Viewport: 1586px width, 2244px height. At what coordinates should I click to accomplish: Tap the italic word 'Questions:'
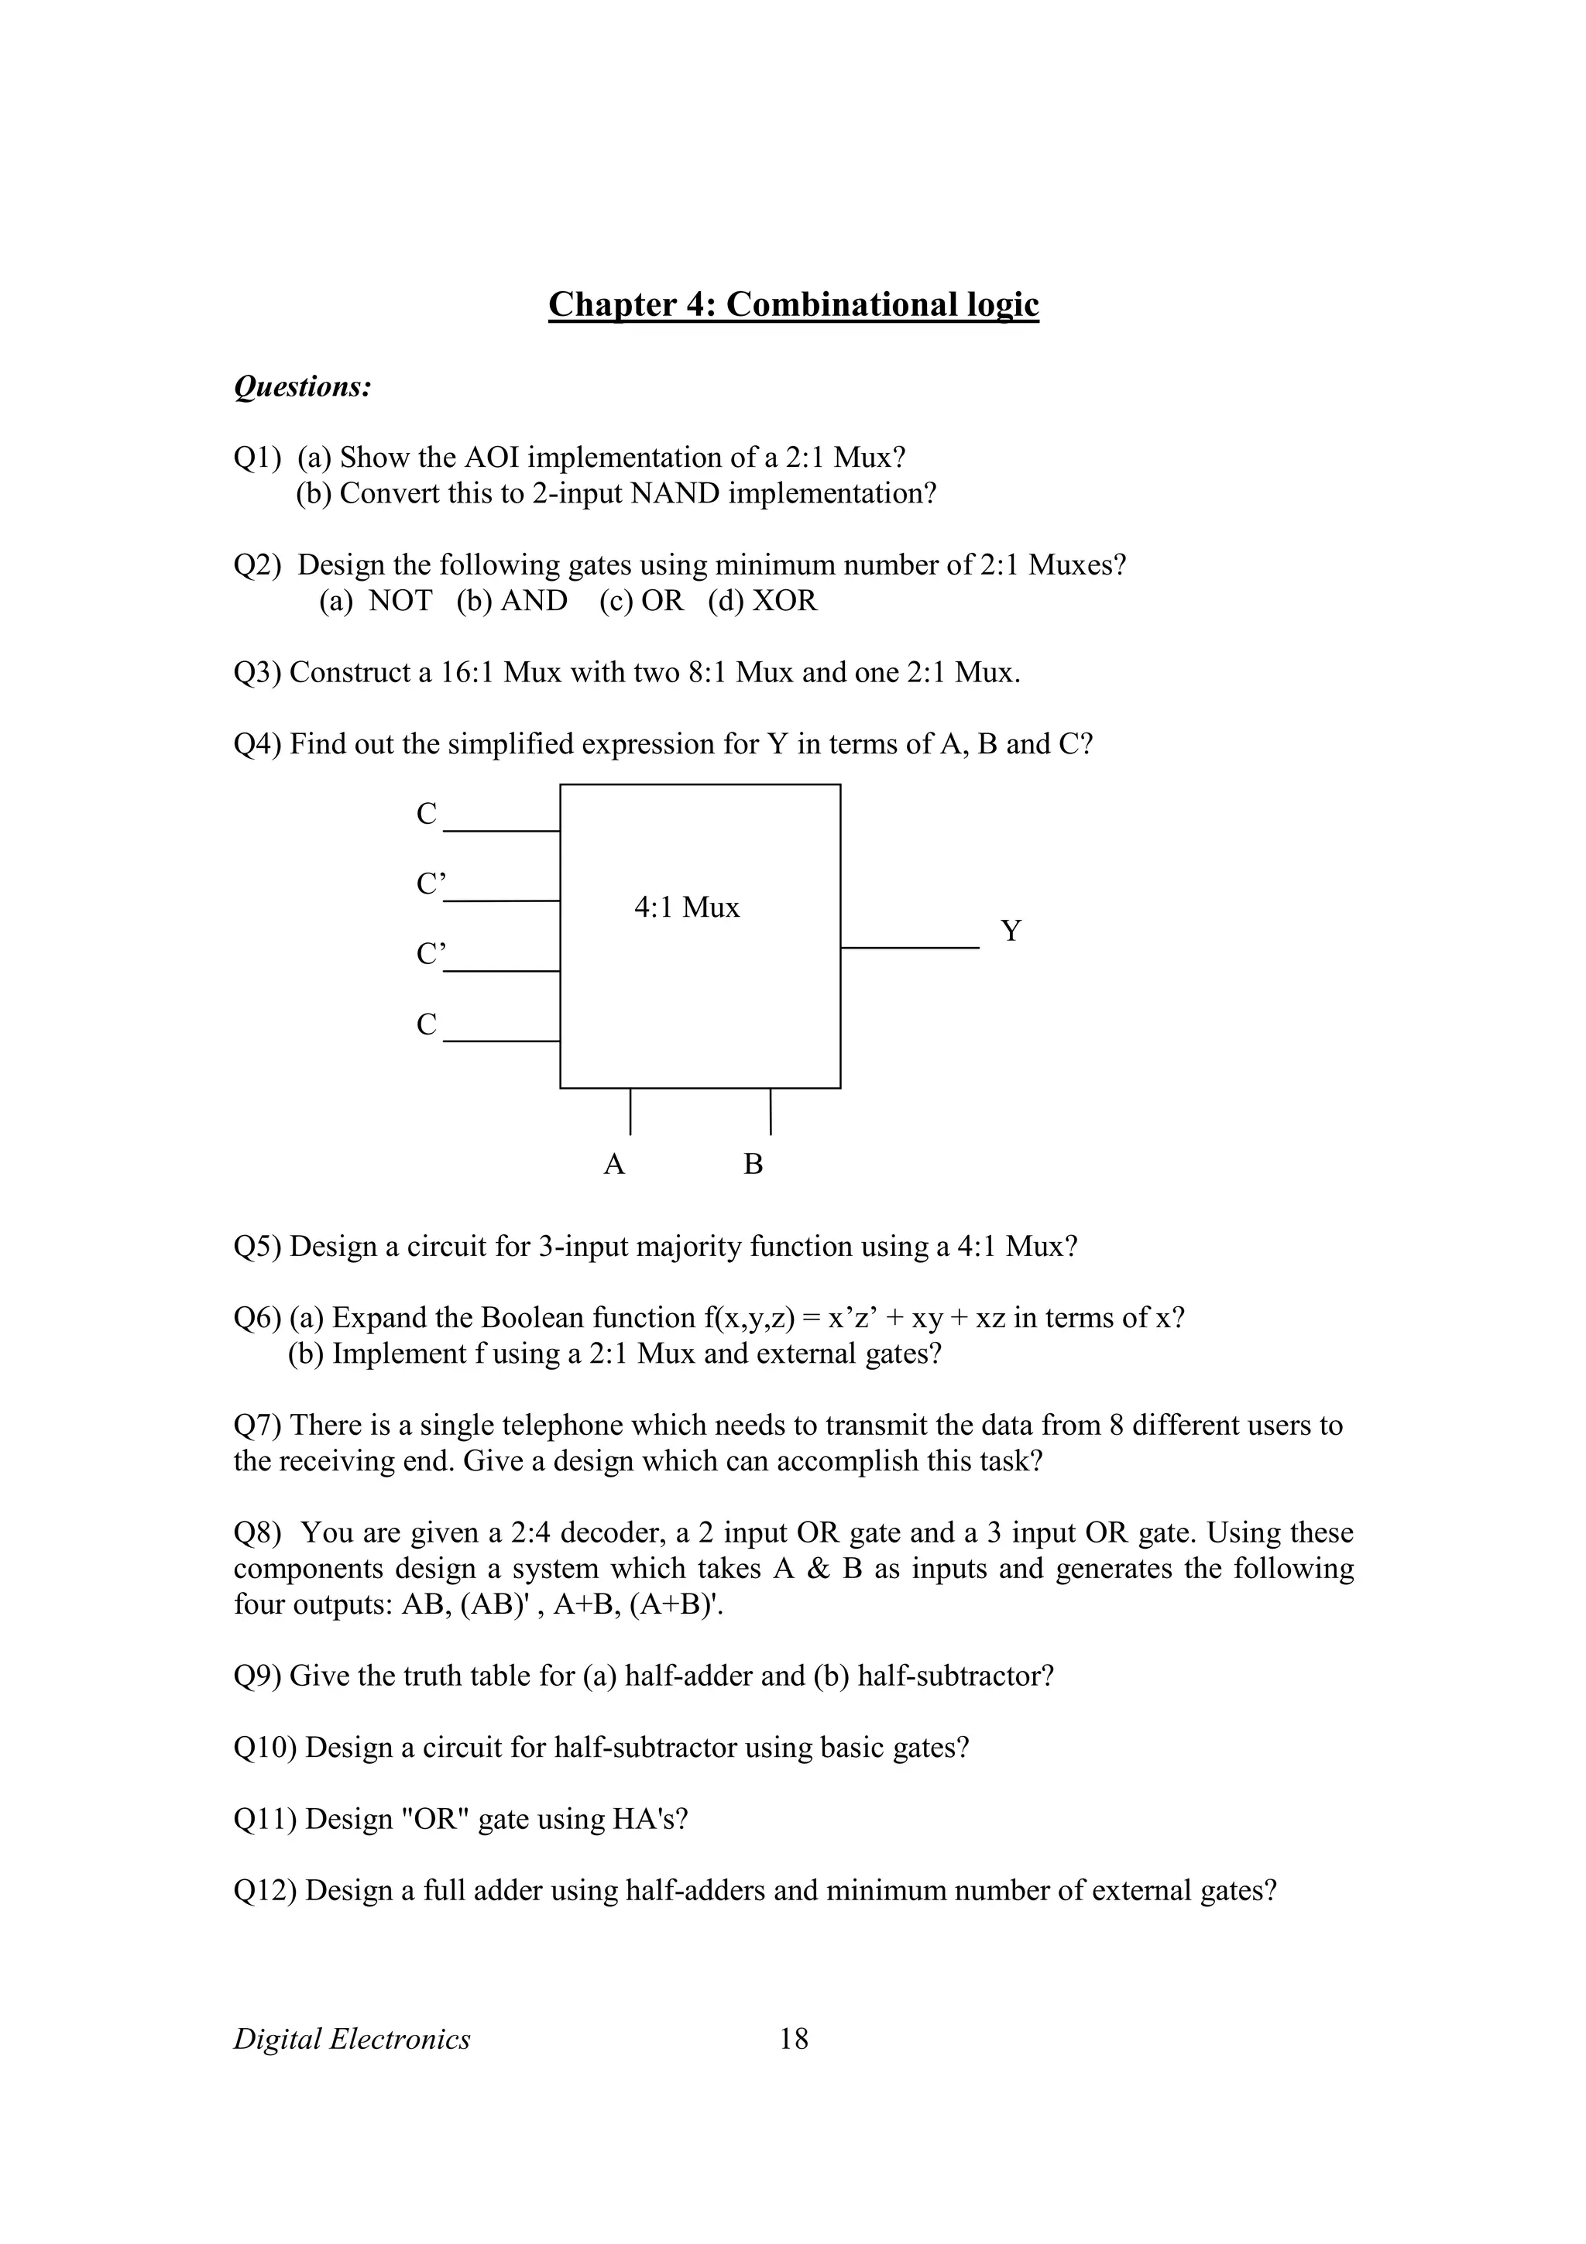tap(303, 387)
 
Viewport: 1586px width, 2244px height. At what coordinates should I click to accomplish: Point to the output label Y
tap(1011, 931)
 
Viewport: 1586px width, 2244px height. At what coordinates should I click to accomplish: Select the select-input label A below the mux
tap(613, 1164)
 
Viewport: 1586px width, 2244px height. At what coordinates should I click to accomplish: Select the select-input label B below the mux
tap(753, 1164)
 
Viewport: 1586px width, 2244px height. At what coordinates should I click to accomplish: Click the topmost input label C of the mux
tap(427, 813)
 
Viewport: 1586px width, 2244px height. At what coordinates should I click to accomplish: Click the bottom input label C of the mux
tap(427, 1024)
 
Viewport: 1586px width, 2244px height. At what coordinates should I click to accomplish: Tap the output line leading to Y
tap(909, 947)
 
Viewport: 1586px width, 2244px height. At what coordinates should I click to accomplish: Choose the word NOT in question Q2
tap(400, 600)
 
